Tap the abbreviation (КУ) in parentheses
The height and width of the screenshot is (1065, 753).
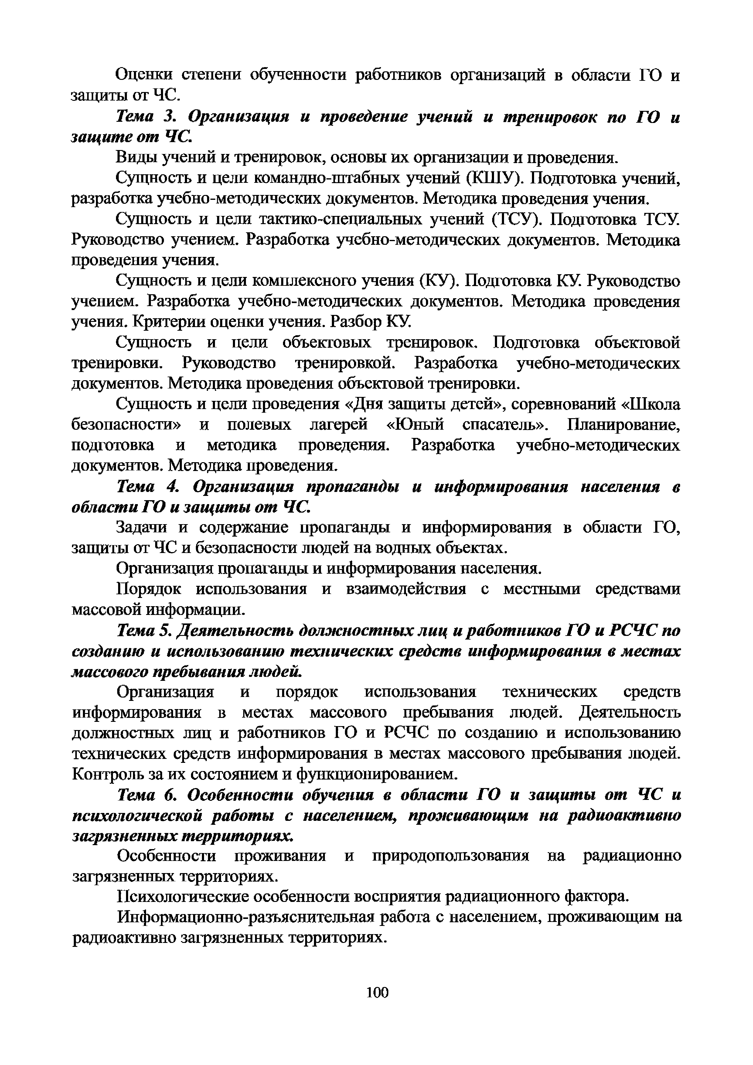[x=438, y=281]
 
